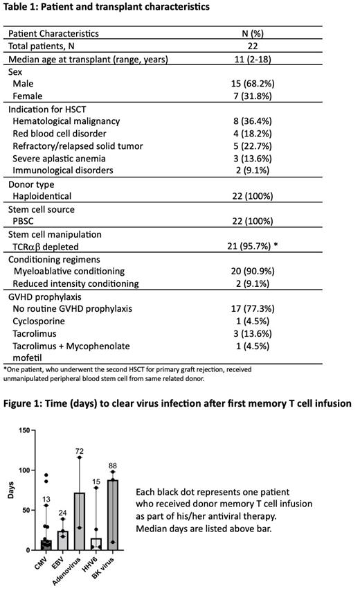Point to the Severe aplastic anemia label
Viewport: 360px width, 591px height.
(x=55, y=158)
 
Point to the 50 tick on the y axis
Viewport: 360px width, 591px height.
(x=25, y=510)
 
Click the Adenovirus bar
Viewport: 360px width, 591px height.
(x=80, y=523)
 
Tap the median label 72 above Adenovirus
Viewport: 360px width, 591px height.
(x=80, y=451)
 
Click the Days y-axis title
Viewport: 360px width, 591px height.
(x=10, y=490)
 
